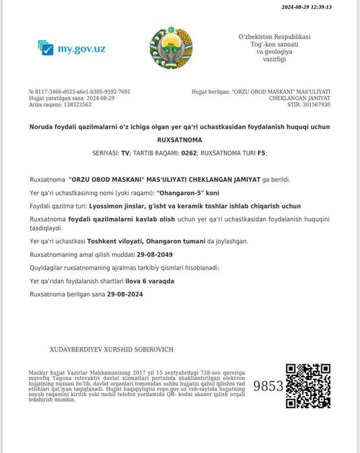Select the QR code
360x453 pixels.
(308, 386)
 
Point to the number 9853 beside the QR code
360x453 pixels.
(268, 386)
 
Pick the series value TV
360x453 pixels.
(125, 153)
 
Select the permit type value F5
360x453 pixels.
(261, 153)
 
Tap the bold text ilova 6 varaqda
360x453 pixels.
(150, 281)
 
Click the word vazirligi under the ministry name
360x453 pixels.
(274, 59)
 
